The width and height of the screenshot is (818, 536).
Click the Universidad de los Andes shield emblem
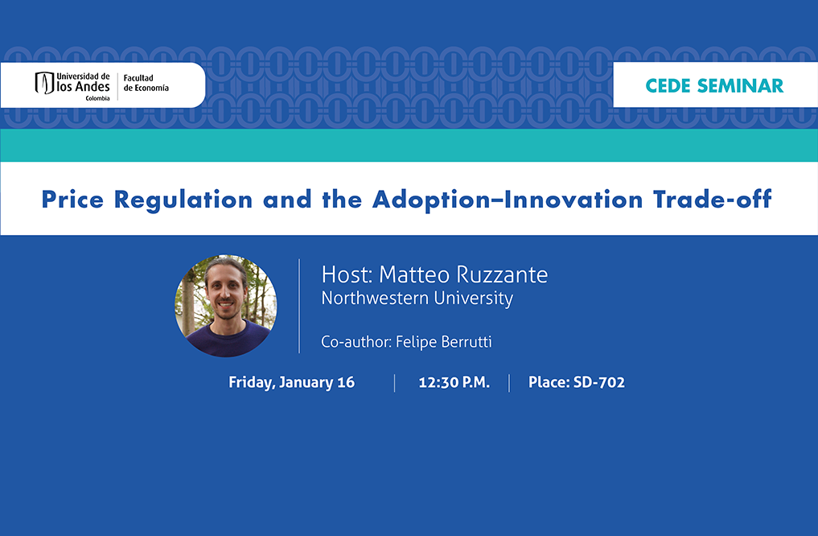coord(44,83)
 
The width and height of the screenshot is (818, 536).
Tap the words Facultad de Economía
coord(146,83)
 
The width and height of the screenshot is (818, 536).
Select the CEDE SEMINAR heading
coord(714,85)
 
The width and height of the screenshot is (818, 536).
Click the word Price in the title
coord(72,200)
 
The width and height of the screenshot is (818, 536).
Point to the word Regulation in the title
coord(183,200)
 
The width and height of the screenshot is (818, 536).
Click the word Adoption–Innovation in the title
coord(508,200)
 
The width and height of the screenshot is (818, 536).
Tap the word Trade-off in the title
coord(712,200)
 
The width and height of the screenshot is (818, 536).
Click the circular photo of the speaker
coord(226,306)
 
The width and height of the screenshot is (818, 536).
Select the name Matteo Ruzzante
coord(463,274)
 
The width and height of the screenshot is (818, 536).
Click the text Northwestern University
coord(417,298)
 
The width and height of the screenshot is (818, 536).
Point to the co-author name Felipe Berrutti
coord(444,341)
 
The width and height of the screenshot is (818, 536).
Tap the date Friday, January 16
coord(292,382)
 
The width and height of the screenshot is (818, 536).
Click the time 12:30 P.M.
coord(454,382)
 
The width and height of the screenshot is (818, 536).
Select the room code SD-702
coord(599,382)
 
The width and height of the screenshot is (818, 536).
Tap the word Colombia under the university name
coord(97,98)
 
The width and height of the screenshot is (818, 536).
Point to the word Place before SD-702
coord(549,382)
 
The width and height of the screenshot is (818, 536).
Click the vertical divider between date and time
coord(394,383)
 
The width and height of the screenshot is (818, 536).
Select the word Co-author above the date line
coord(356,341)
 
